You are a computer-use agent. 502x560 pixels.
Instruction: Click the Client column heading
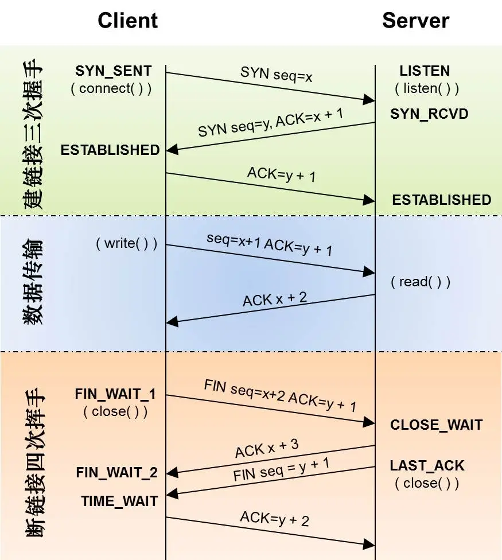click(127, 21)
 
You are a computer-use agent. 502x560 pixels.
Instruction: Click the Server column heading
click(415, 21)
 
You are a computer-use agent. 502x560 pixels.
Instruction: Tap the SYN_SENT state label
click(114, 71)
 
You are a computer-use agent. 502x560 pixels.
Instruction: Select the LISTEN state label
click(425, 71)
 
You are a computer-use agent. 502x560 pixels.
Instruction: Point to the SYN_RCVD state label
click(429, 114)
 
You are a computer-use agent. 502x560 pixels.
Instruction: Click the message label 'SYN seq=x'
click(277, 74)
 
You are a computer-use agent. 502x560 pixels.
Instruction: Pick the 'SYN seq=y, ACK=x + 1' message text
click(271, 122)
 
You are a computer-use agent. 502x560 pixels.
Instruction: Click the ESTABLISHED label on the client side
click(110, 150)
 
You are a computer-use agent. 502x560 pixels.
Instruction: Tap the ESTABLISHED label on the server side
click(441, 200)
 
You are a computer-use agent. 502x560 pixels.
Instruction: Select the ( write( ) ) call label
click(126, 243)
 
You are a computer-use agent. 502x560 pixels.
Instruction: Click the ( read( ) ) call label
click(421, 282)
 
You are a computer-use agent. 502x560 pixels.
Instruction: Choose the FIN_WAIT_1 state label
click(115, 395)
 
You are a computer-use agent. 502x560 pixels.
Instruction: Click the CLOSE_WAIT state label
click(436, 425)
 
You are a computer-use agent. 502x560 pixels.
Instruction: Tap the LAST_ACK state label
click(427, 465)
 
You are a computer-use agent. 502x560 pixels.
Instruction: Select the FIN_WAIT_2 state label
click(116, 473)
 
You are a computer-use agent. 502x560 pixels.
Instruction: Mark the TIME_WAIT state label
click(119, 501)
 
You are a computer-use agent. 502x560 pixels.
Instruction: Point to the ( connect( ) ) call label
click(111, 89)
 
